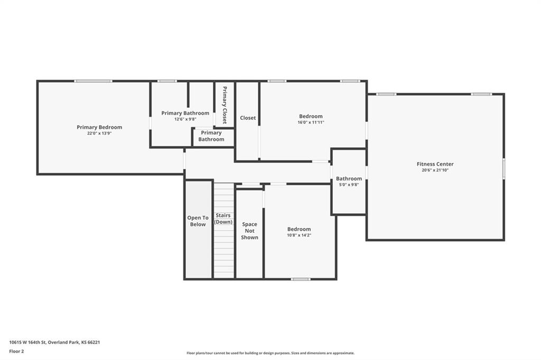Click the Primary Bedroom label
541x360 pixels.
(99, 127)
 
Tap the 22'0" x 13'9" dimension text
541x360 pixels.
(99, 133)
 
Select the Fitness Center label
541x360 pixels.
(435, 164)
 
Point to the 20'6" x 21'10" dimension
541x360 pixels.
(435, 170)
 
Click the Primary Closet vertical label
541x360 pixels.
(225, 105)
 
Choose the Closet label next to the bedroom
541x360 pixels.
(248, 118)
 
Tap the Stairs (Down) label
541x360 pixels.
(223, 219)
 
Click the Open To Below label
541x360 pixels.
(198, 221)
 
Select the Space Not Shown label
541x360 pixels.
(249, 231)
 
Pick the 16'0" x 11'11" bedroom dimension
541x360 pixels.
(311, 122)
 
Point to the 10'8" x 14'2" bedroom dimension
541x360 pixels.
(299, 235)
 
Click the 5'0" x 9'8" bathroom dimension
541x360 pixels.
(349, 184)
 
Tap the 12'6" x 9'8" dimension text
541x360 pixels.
(185, 119)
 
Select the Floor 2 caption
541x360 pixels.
(16, 352)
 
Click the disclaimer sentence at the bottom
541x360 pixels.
(270, 353)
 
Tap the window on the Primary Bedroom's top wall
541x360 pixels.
(93, 81)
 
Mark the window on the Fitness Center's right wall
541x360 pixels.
(503, 168)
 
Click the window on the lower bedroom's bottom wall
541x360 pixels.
(301, 279)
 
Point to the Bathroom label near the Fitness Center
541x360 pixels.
(349, 178)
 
